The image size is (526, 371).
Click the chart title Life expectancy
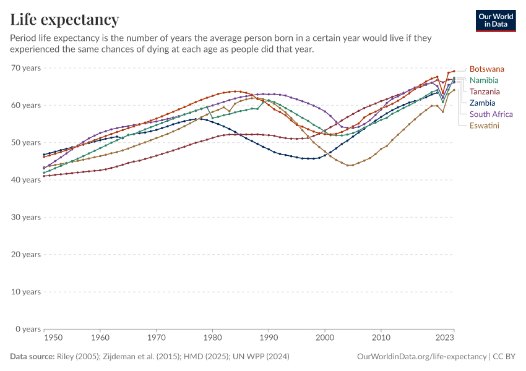pyautogui.click(x=65, y=19)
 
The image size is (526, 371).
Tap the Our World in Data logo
pyautogui.click(x=496, y=20)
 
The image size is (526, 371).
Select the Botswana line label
pyautogui.click(x=486, y=69)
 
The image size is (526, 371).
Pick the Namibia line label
pyautogui.click(x=484, y=80)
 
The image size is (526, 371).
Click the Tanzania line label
pyautogui.click(x=485, y=92)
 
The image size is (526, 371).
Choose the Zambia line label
pyautogui.click(x=482, y=103)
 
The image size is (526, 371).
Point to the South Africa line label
pyautogui.click(x=491, y=114)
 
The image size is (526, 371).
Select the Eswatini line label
pyautogui.click(x=484, y=126)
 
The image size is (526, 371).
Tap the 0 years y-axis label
pyautogui.click(x=28, y=329)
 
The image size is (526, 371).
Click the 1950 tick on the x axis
pyautogui.click(x=53, y=338)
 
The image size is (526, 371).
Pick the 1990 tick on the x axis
pyautogui.click(x=269, y=338)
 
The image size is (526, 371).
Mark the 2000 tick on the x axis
pyautogui.click(x=325, y=338)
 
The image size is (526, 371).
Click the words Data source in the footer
pyautogui.click(x=31, y=357)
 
